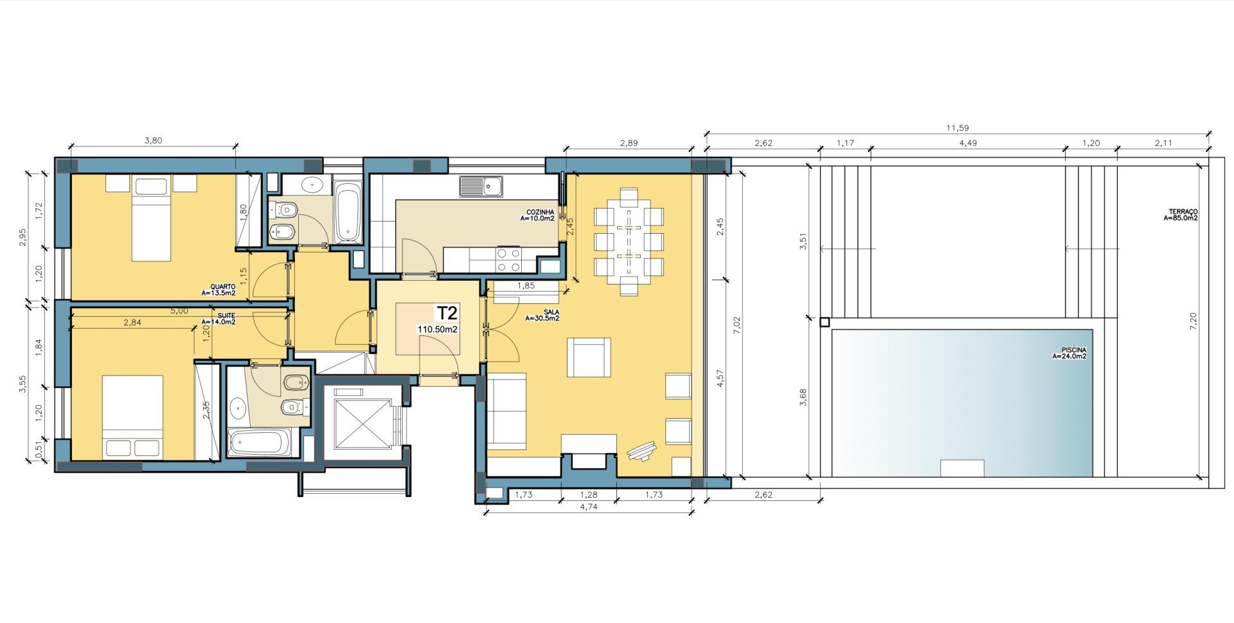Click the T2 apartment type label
(447, 313)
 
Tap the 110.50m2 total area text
(437, 329)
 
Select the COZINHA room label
(540, 212)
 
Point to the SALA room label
(533, 312)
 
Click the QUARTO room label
(222, 287)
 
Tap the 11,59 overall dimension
(957, 128)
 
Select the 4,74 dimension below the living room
(589, 507)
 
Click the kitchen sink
(481, 186)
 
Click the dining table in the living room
(629, 241)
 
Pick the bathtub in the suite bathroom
(260, 443)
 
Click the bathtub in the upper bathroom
(348, 212)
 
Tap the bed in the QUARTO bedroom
(152, 218)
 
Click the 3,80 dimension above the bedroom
(153, 141)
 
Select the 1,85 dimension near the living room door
(526, 286)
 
